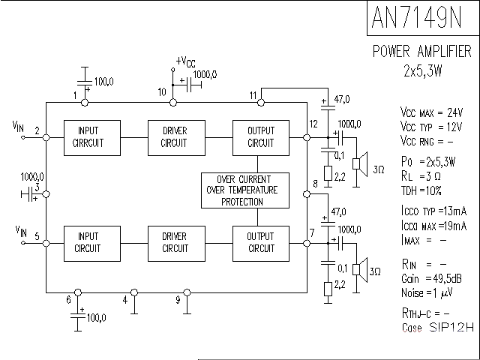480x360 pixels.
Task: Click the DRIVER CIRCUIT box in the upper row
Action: pos(175,137)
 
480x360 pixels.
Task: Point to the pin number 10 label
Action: pos(162,92)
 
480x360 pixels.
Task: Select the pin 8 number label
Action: pos(315,184)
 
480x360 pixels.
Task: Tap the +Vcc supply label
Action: pos(186,61)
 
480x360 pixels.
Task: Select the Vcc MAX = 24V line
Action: pos(430,112)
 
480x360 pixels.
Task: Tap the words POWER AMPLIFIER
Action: pos(422,52)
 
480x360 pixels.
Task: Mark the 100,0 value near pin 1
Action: pos(104,80)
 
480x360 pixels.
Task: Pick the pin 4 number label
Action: pos(125,300)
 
